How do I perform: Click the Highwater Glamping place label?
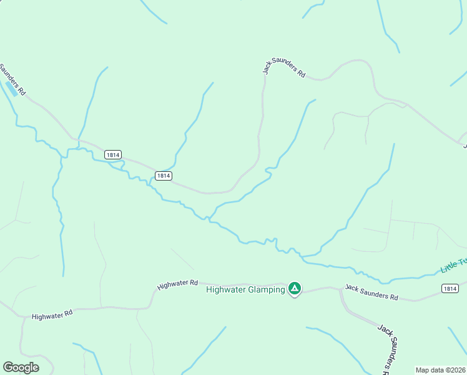[245, 289]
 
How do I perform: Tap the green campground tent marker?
[295, 289]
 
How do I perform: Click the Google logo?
[21, 367]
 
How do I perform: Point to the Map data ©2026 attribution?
[441, 370]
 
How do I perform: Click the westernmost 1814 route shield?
[112, 154]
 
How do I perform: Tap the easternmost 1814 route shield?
[450, 288]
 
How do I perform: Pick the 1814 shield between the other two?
[163, 176]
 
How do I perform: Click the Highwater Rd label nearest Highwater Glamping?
[178, 284]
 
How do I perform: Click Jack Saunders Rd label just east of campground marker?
[371, 292]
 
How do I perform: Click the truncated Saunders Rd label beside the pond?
[13, 79]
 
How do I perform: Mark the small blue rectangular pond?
[11, 88]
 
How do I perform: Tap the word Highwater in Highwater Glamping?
[225, 289]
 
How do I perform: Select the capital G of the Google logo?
[9, 367]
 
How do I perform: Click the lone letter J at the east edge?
[465, 145]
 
